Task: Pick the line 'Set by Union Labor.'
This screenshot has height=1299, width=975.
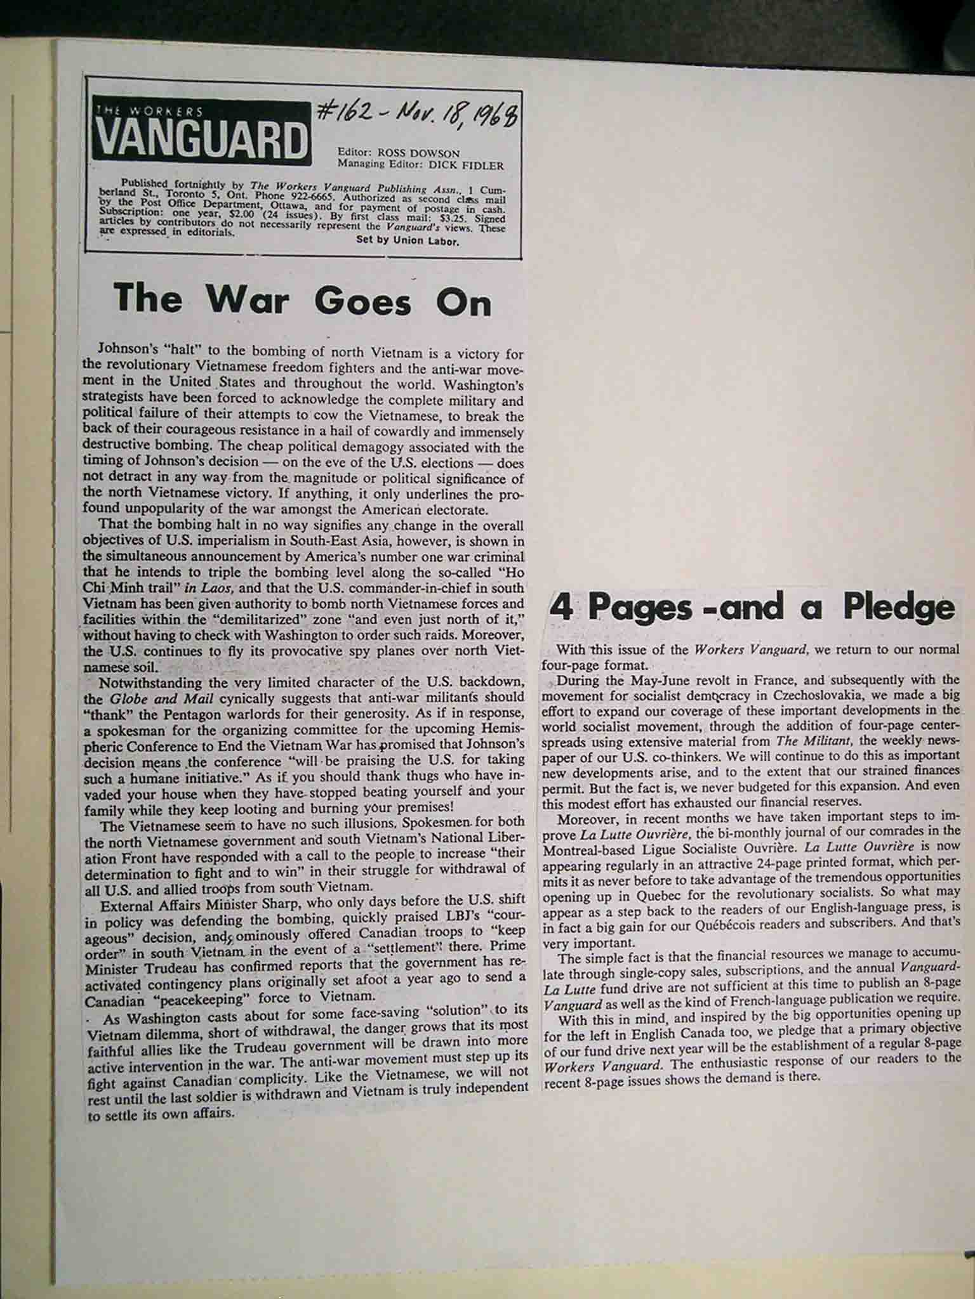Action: click(x=407, y=240)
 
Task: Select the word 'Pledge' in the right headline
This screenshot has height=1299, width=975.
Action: click(x=899, y=608)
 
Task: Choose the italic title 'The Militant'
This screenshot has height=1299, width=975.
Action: click(x=807, y=740)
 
